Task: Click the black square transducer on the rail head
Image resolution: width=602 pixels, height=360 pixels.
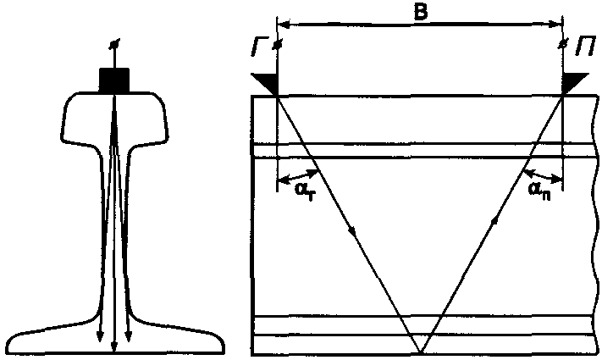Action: point(113,80)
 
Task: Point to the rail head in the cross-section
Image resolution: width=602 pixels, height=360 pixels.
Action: point(113,114)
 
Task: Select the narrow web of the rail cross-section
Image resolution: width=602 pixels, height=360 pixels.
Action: point(113,229)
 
